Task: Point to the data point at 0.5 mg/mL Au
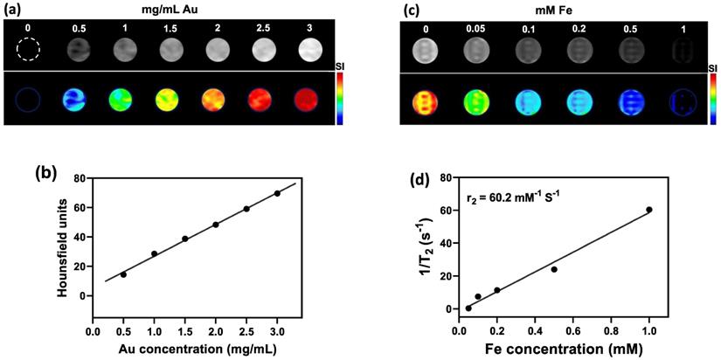pos(123,274)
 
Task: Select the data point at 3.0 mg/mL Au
pos(277,193)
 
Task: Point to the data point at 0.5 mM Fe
pos(554,269)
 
